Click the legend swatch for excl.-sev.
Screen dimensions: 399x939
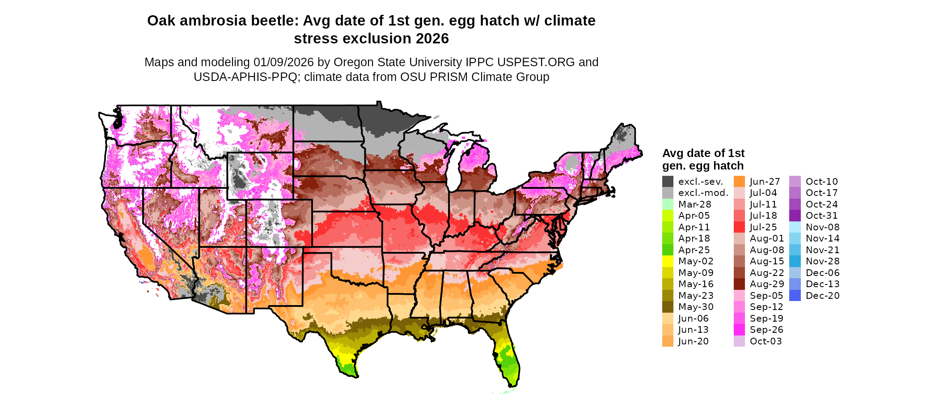668,182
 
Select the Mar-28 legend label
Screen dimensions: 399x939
694,204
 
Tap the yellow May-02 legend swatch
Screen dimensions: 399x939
668,261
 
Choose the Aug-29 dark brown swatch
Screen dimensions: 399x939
739,284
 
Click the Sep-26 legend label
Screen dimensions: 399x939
766,330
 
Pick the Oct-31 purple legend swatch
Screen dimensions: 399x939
795,216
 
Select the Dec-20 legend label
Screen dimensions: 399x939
822,296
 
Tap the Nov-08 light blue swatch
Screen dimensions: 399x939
795,227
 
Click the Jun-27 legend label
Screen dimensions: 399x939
765,182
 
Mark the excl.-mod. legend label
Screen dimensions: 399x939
703,193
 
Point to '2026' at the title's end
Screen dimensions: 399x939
432,39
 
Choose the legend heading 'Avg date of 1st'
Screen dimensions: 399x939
703,153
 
